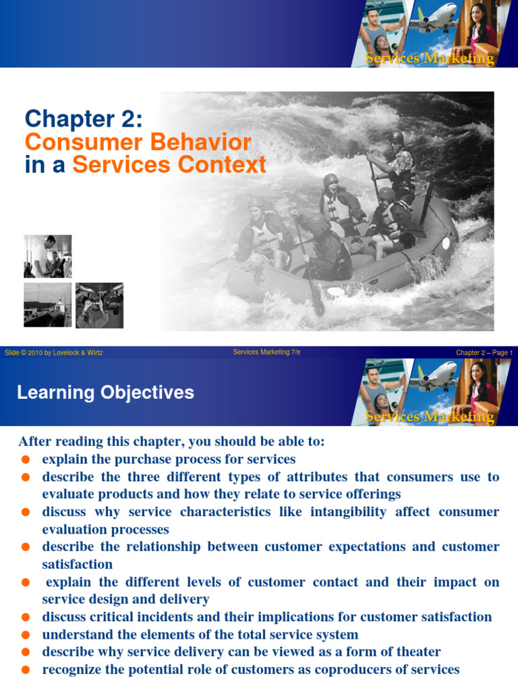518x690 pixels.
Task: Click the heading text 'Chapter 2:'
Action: click(84, 119)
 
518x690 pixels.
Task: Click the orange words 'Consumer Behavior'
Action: click(138, 142)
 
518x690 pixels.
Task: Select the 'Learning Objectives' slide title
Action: click(105, 393)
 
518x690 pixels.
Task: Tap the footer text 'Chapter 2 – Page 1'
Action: click(484, 352)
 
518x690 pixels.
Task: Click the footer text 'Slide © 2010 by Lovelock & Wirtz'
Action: click(53, 352)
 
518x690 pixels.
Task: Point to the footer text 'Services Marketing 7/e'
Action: click(266, 352)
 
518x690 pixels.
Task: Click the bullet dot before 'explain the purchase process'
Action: click(25, 460)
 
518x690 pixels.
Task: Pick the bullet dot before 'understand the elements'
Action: click(25, 635)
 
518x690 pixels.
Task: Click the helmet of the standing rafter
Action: click(396, 137)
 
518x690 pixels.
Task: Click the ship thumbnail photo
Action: click(47, 305)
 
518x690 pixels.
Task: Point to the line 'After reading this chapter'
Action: click(171, 442)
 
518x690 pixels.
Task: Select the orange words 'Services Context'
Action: click(169, 165)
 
